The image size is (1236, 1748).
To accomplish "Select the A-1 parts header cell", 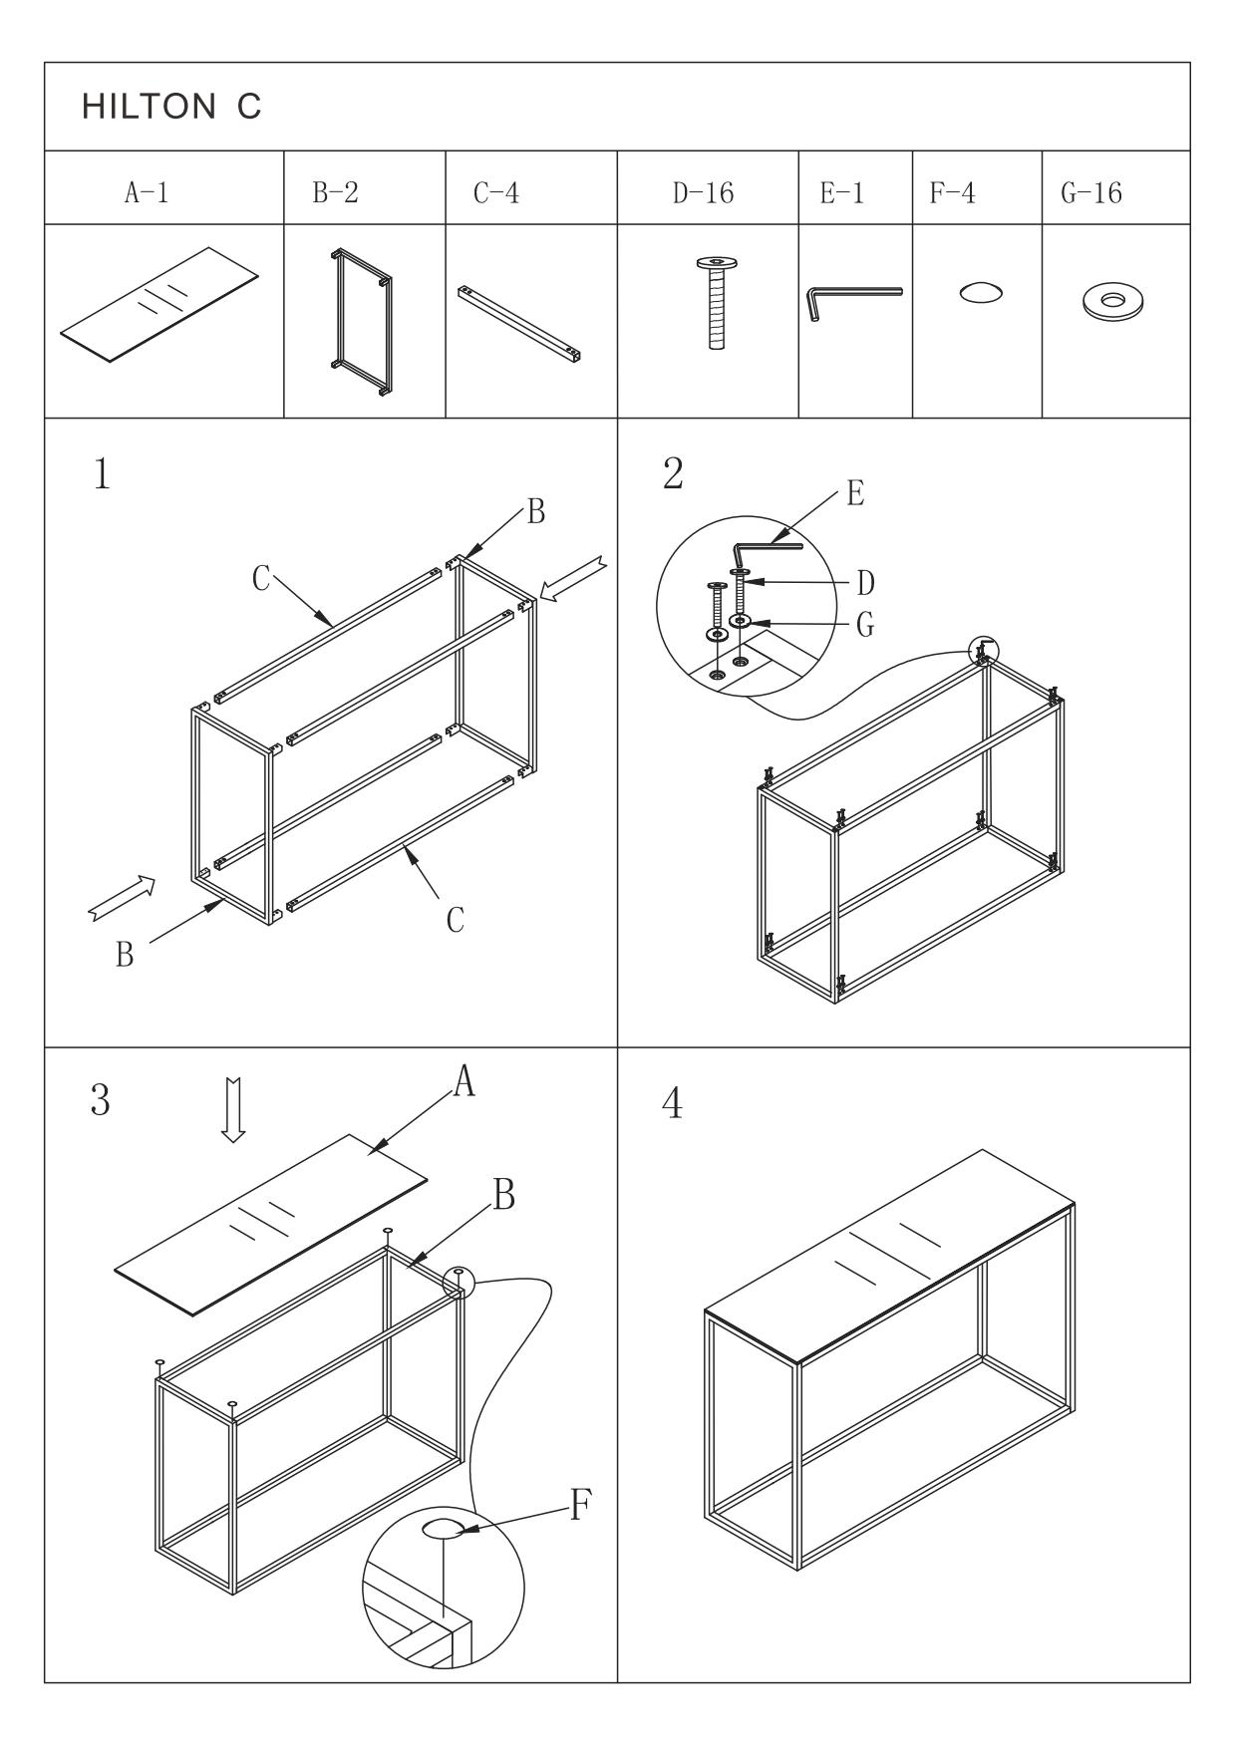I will [x=146, y=193].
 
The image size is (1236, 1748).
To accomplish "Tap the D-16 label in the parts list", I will [x=703, y=193].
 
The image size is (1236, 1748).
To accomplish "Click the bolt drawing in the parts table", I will [x=716, y=303].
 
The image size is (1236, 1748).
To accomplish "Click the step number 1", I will [x=102, y=475].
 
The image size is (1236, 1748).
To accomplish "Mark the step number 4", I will [x=673, y=1104].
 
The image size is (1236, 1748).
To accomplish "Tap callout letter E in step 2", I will [x=854, y=493].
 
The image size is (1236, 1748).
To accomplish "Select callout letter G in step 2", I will [x=865, y=625].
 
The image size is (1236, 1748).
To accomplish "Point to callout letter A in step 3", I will [x=463, y=1081].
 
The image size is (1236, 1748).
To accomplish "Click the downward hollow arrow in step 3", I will [x=233, y=1108].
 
